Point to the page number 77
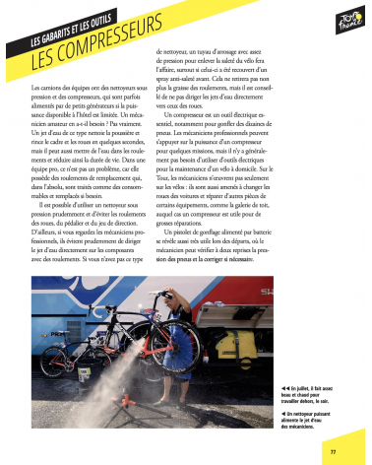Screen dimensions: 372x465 coord(334,451)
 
